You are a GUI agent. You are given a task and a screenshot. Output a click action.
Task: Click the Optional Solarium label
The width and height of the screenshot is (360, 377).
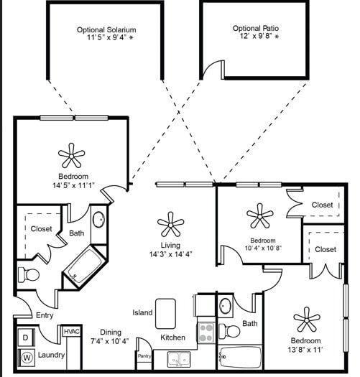pyautogui.click(x=106, y=29)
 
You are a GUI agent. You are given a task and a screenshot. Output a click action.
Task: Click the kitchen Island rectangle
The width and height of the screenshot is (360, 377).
pyautogui.click(x=166, y=313)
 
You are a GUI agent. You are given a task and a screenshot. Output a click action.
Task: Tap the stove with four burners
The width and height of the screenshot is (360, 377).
pyautogui.click(x=206, y=332)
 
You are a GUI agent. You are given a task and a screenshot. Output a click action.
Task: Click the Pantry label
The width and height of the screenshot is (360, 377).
pyautogui.click(x=144, y=355)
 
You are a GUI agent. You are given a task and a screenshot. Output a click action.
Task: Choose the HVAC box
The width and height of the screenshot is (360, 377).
pyautogui.click(x=71, y=332)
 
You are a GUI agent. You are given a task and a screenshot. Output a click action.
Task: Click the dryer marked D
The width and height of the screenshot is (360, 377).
pyautogui.click(x=25, y=337)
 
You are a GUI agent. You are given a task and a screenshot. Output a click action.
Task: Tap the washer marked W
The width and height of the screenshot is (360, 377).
pyautogui.click(x=27, y=356)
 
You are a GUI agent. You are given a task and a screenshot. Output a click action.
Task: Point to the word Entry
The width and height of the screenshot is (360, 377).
pyautogui.click(x=44, y=316)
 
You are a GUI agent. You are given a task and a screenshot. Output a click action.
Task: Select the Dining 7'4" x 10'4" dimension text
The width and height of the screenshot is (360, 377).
pyautogui.click(x=103, y=341)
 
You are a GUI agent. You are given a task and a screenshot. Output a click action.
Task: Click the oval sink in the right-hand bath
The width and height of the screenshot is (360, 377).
pyautogui.click(x=226, y=304)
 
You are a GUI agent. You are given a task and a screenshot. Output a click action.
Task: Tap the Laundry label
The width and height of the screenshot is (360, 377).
pyautogui.click(x=51, y=355)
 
